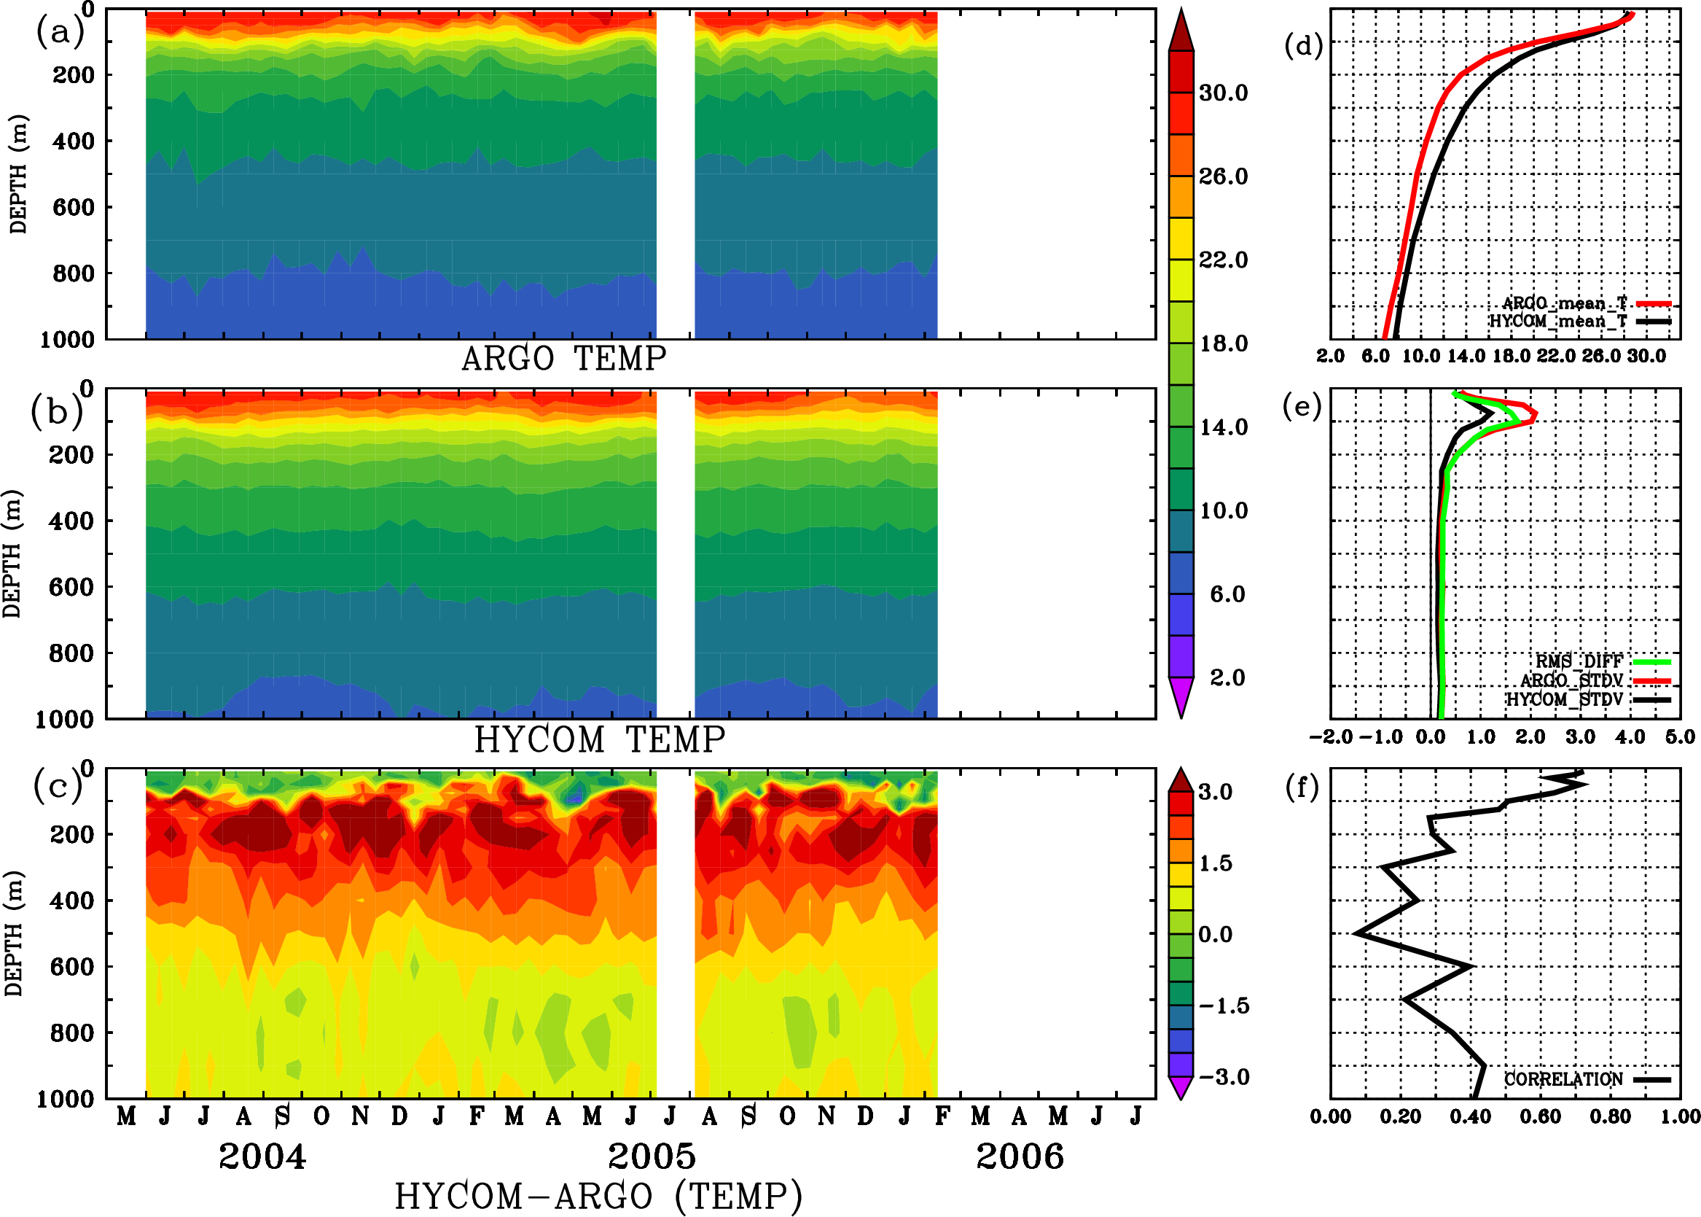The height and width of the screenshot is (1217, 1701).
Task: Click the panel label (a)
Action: pos(59,32)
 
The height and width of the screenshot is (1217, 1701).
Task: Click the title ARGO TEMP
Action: pos(563,359)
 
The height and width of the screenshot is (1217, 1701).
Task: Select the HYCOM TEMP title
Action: pos(599,739)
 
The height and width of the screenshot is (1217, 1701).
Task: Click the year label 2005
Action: pos(651,1156)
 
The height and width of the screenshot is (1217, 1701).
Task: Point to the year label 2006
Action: pos(1020,1156)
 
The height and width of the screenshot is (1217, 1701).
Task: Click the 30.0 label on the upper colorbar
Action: pos(1223,93)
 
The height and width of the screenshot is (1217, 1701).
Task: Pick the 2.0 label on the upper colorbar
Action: pos(1227,677)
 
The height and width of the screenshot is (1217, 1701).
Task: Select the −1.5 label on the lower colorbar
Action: pos(1224,1006)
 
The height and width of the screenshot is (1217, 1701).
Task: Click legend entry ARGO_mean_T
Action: pos(1565,303)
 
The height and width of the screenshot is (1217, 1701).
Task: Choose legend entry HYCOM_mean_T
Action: pos(1559,322)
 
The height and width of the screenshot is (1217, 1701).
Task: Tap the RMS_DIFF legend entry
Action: pos(1578,661)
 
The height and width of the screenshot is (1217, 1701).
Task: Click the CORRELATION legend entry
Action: pos(1563,1079)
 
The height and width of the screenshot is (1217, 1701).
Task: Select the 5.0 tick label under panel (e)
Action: pos(1679,736)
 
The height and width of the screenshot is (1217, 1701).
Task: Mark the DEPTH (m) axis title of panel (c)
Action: pos(13,933)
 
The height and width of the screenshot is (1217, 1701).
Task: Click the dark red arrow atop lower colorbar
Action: pos(1181,780)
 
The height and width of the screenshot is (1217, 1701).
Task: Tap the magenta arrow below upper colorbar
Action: pos(1181,697)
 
